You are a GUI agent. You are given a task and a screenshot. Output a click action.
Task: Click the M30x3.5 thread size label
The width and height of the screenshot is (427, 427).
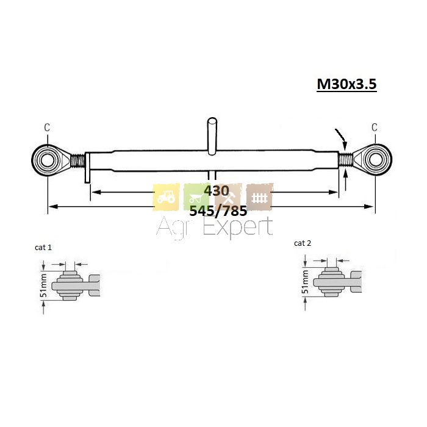pos(346,84)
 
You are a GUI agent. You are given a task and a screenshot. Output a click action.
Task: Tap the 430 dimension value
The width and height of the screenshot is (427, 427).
pos(217,191)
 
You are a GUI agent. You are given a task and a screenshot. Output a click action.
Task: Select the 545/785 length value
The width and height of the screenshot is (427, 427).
pos(218,211)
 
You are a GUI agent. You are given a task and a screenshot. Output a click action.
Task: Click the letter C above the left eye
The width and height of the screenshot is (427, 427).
pos(47,127)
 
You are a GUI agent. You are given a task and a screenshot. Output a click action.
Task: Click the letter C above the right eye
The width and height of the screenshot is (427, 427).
pos(375,127)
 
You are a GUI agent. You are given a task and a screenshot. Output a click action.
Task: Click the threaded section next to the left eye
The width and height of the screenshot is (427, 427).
pos(77,160)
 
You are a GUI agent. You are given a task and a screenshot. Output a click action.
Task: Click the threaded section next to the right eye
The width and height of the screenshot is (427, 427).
pos(346,160)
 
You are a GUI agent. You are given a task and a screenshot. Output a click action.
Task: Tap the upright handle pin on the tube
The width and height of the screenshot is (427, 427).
pos(212,136)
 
